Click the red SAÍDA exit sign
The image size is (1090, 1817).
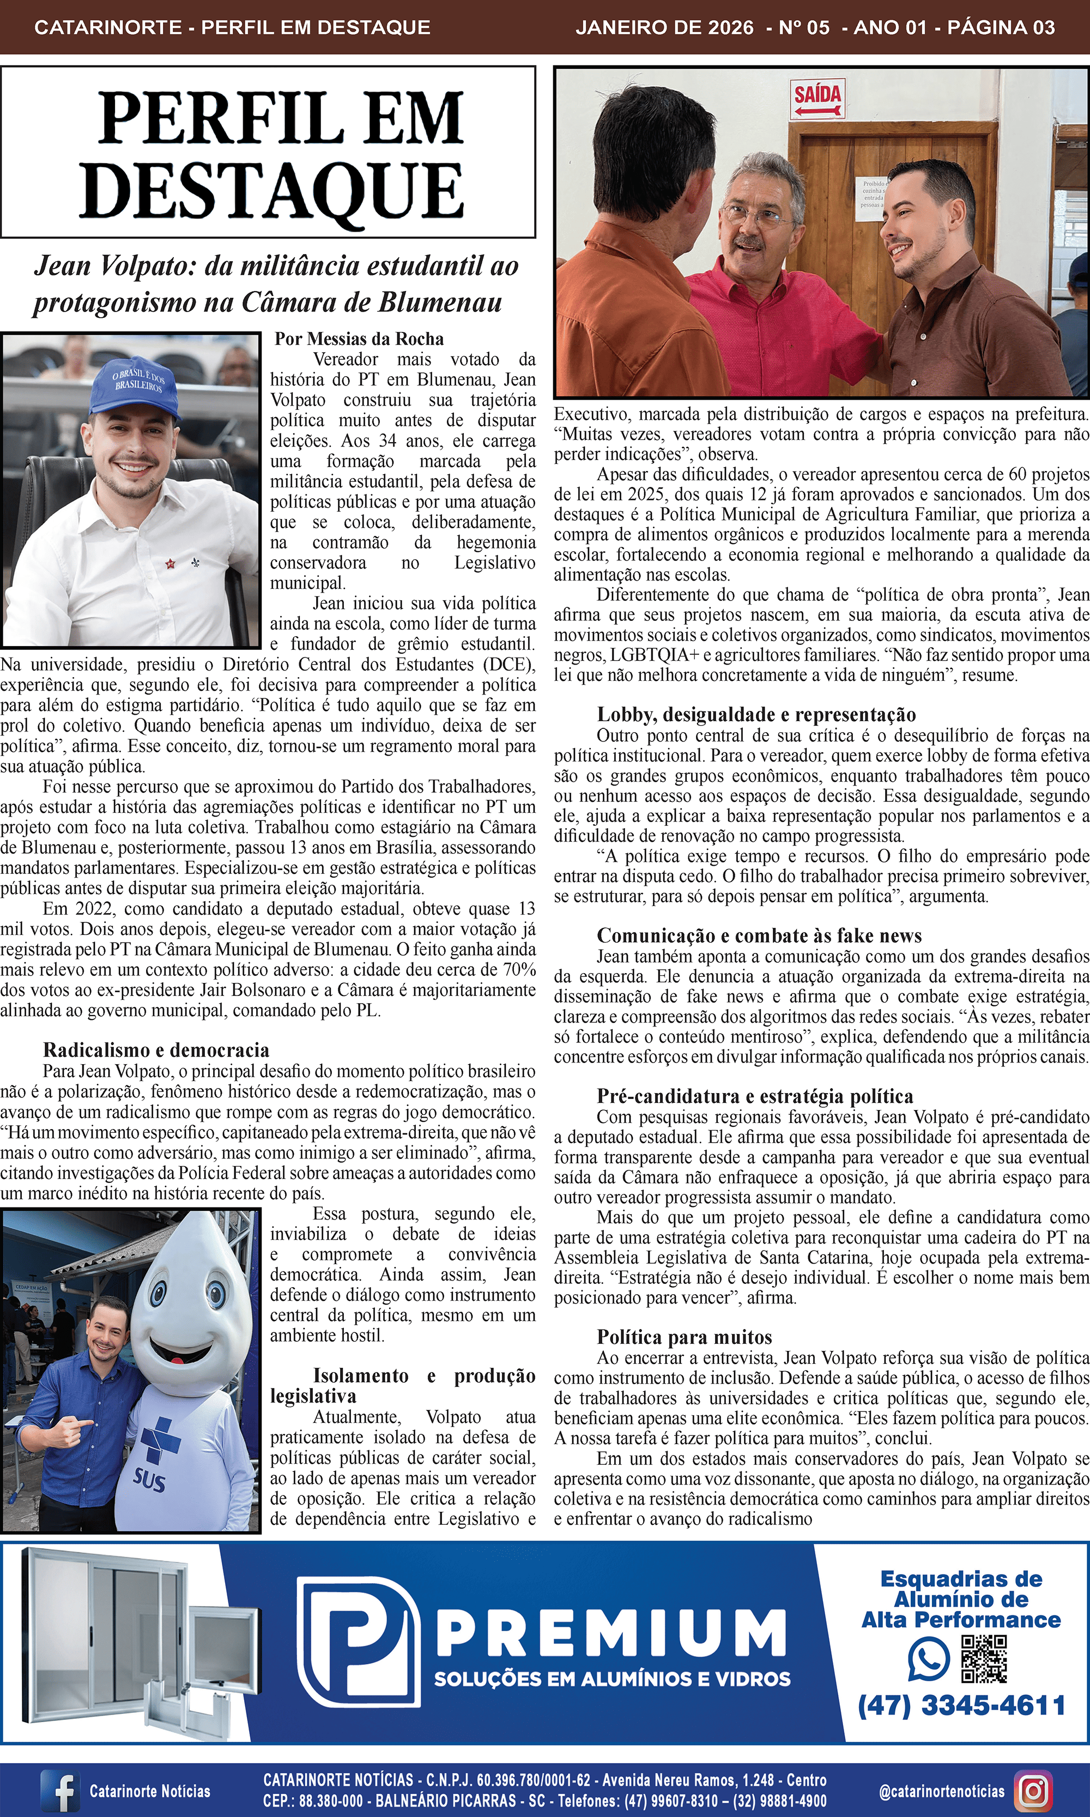pyautogui.click(x=817, y=100)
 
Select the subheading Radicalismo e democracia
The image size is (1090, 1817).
pyautogui.click(x=156, y=1050)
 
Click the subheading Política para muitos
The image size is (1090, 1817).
pyautogui.click(x=684, y=1337)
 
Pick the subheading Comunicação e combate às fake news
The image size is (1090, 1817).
pyautogui.click(x=759, y=935)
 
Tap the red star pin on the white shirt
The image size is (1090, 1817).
pyautogui.click(x=171, y=564)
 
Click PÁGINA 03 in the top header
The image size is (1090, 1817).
pyautogui.click(x=1001, y=28)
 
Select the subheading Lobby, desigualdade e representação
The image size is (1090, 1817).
pyautogui.click(x=756, y=714)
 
